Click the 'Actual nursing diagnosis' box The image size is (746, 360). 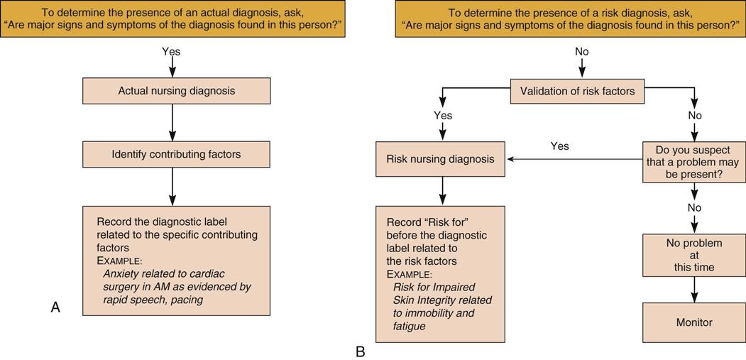click(x=176, y=91)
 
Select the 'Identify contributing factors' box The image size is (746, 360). click(x=176, y=154)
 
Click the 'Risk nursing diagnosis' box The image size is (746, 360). click(x=440, y=159)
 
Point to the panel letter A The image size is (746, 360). click(x=55, y=307)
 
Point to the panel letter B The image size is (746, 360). click(x=360, y=351)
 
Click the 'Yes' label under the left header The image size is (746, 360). click(x=171, y=52)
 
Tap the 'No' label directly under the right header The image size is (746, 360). click(x=581, y=52)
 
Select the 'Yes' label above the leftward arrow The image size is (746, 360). click(x=559, y=146)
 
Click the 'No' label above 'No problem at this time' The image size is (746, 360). click(x=694, y=208)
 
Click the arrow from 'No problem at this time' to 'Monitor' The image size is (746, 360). click(x=694, y=290)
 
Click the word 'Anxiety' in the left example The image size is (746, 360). click(x=119, y=273)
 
